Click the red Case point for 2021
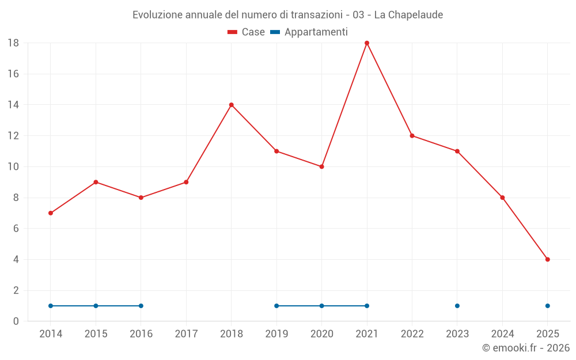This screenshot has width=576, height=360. [x=367, y=43]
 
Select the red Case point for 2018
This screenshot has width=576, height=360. [x=232, y=105]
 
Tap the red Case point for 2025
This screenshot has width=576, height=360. [x=548, y=259]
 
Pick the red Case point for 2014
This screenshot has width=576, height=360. [x=51, y=213]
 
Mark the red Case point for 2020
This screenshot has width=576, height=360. [x=322, y=166]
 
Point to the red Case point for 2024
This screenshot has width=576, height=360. [x=502, y=198]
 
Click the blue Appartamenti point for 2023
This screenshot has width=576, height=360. [x=457, y=306]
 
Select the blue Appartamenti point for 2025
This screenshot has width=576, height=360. [x=548, y=306]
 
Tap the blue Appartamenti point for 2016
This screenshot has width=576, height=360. [x=141, y=306]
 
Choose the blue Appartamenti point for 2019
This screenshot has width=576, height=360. [x=276, y=306]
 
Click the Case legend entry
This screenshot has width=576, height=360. [x=246, y=32]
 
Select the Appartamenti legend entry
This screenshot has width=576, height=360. [x=309, y=32]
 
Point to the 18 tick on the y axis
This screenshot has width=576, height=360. [x=13, y=43]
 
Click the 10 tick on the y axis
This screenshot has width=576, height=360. [x=13, y=166]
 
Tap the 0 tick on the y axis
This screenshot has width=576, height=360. [x=16, y=321]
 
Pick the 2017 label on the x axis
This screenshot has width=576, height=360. [x=186, y=334]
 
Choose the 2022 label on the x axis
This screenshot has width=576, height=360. [x=412, y=334]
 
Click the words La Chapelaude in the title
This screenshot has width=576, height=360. [x=408, y=15]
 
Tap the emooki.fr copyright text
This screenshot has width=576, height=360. [x=526, y=348]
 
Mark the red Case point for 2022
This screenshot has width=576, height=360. [x=412, y=136]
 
